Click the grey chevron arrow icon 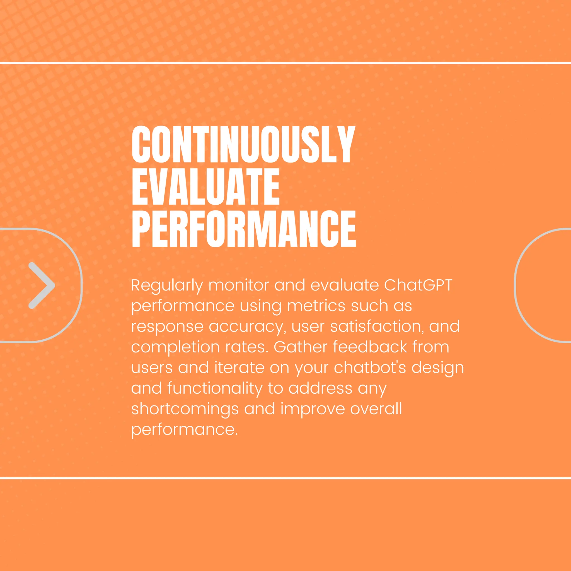(x=41, y=285)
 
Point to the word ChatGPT (x=418, y=285)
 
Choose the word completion (x=175, y=348)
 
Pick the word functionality (x=215, y=389)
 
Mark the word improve (x=312, y=409)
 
